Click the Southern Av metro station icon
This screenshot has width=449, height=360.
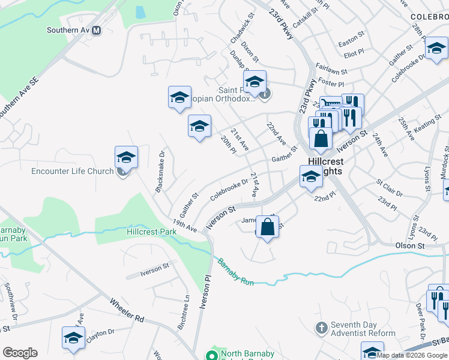tap(96, 30)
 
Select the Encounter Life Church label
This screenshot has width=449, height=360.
tap(72, 172)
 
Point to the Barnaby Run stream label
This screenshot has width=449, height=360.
tap(235, 271)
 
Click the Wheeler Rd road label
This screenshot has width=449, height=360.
tap(127, 310)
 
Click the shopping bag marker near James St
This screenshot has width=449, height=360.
tap(268, 227)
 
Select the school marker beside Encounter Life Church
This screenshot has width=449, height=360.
tap(127, 157)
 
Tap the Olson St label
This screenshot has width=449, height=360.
tap(410, 246)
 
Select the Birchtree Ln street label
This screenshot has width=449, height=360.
tap(187, 307)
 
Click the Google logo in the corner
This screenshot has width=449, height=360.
tap(20, 353)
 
